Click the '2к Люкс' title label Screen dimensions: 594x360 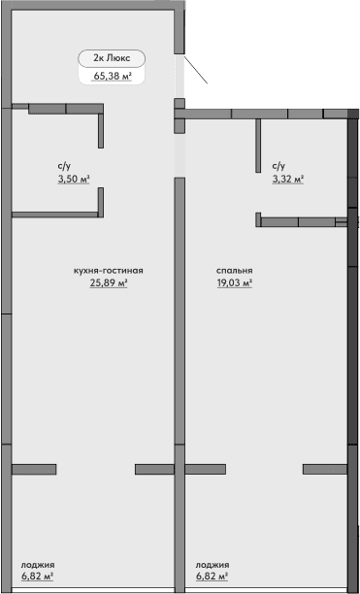111,57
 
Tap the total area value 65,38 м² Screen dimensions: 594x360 113,75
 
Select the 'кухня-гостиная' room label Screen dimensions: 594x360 109,271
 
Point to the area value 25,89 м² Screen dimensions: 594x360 109,284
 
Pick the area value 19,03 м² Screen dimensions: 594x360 234,284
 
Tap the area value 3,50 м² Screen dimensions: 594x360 73,180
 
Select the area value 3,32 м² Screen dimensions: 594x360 288,180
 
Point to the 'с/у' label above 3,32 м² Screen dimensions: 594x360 278,166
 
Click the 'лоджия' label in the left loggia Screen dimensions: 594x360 38,564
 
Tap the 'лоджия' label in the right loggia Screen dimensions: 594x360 213,564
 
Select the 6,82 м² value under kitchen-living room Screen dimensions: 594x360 37,577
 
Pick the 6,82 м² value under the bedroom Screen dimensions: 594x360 212,577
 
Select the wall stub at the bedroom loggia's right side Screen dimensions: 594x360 324,469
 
